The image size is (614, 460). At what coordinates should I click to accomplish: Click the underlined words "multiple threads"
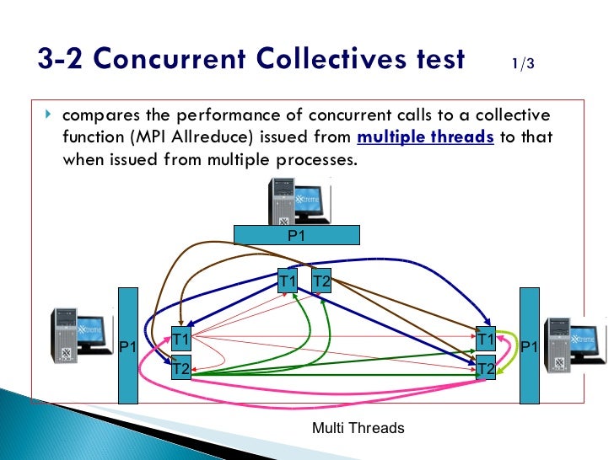426,137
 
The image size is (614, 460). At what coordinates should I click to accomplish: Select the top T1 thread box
288,281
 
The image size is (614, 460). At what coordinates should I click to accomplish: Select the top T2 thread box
321,281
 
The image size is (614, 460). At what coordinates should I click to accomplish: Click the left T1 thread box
181,340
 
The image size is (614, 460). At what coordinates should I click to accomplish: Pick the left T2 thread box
181,367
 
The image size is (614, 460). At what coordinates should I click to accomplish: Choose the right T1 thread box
485,340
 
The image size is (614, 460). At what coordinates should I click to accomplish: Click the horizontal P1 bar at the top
296,235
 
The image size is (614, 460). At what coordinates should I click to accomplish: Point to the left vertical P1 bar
127,345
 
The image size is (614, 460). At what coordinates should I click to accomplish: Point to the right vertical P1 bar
529,345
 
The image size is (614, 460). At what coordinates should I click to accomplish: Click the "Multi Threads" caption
358,428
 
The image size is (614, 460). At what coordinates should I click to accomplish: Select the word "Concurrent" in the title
138,59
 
